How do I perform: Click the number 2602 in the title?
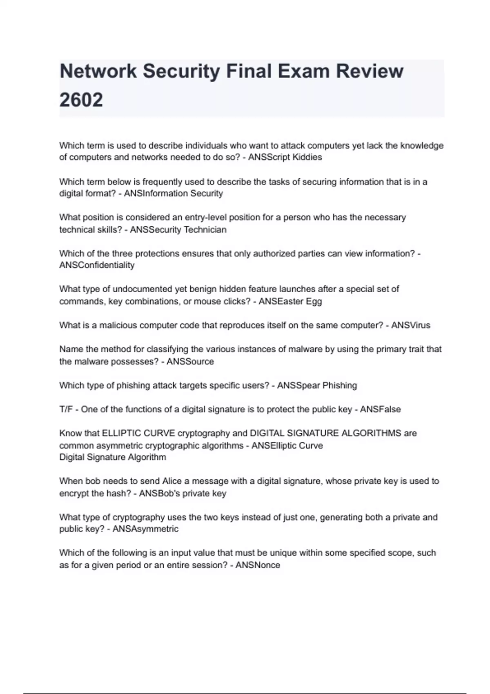click(x=81, y=100)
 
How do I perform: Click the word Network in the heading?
click(x=98, y=71)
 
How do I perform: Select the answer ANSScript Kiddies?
click(x=285, y=157)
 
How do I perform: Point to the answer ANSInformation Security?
click(x=174, y=194)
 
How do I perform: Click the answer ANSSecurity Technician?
click(x=178, y=229)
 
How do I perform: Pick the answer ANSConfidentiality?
click(x=97, y=265)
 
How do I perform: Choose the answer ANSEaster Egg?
click(x=290, y=301)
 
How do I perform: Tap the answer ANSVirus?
click(x=410, y=325)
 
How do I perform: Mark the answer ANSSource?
click(x=190, y=361)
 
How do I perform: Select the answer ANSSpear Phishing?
click(x=317, y=385)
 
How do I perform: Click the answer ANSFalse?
click(x=380, y=409)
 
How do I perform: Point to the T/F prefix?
click(x=66, y=409)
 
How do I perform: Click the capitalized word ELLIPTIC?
click(x=122, y=433)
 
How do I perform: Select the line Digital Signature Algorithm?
click(x=113, y=457)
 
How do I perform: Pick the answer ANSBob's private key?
click(x=183, y=493)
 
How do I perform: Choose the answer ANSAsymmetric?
click(x=145, y=529)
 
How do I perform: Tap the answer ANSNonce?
click(x=258, y=565)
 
